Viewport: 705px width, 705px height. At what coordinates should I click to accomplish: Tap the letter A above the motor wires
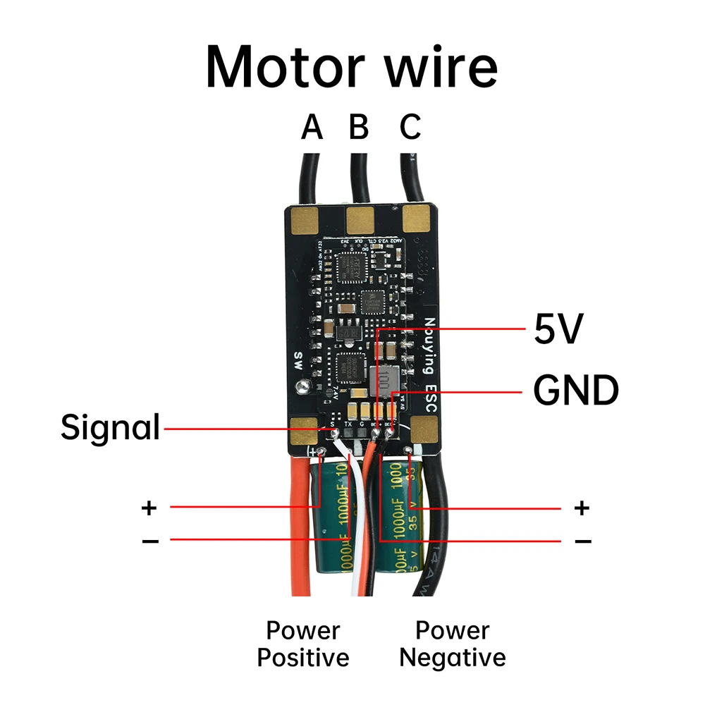click(312, 128)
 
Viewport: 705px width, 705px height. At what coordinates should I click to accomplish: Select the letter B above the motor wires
click(359, 128)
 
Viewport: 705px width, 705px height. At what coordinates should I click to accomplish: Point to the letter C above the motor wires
click(410, 128)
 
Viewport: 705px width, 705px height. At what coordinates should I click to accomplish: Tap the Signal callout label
click(110, 427)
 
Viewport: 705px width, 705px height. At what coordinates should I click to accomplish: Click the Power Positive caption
click(303, 644)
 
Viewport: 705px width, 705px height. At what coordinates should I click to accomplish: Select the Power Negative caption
click(453, 644)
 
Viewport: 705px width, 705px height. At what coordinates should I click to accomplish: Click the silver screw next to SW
click(302, 386)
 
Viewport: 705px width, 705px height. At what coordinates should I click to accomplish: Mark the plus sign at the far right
click(582, 508)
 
